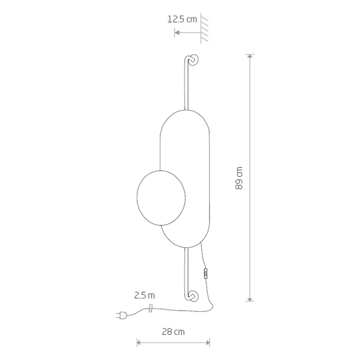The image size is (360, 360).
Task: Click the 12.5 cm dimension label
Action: [x=182, y=20]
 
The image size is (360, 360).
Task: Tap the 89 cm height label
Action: [x=239, y=178]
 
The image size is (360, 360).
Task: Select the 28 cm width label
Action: [x=173, y=332]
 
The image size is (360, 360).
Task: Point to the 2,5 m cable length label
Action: [x=145, y=295]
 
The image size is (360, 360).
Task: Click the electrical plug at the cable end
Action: [x=122, y=315]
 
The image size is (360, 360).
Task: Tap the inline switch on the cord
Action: [x=206, y=274]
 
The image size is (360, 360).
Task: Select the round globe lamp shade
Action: [x=161, y=198]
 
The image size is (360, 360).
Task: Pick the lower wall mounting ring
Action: [x=193, y=296]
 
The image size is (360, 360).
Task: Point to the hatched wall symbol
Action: [x=204, y=28]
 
